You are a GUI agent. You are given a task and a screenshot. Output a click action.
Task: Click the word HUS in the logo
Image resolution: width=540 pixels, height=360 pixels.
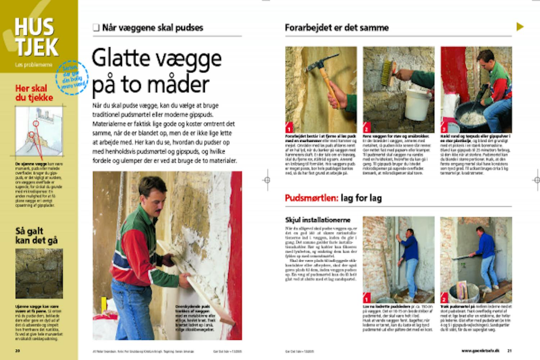[35, 27]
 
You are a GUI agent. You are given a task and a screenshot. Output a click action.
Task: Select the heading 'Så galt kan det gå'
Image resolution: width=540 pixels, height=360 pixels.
[36, 235]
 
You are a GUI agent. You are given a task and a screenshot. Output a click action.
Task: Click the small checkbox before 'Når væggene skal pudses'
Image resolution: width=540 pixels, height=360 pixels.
[96, 28]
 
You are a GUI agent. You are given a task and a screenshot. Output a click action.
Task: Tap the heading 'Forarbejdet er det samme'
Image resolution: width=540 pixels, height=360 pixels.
[337, 28]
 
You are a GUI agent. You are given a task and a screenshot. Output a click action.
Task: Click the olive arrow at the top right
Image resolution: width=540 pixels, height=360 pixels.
[520, 26]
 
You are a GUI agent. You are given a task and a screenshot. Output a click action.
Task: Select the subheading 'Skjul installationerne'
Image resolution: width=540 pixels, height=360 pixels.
[318, 220]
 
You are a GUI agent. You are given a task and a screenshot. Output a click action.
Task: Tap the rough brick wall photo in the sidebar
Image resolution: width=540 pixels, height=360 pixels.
[39, 274]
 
